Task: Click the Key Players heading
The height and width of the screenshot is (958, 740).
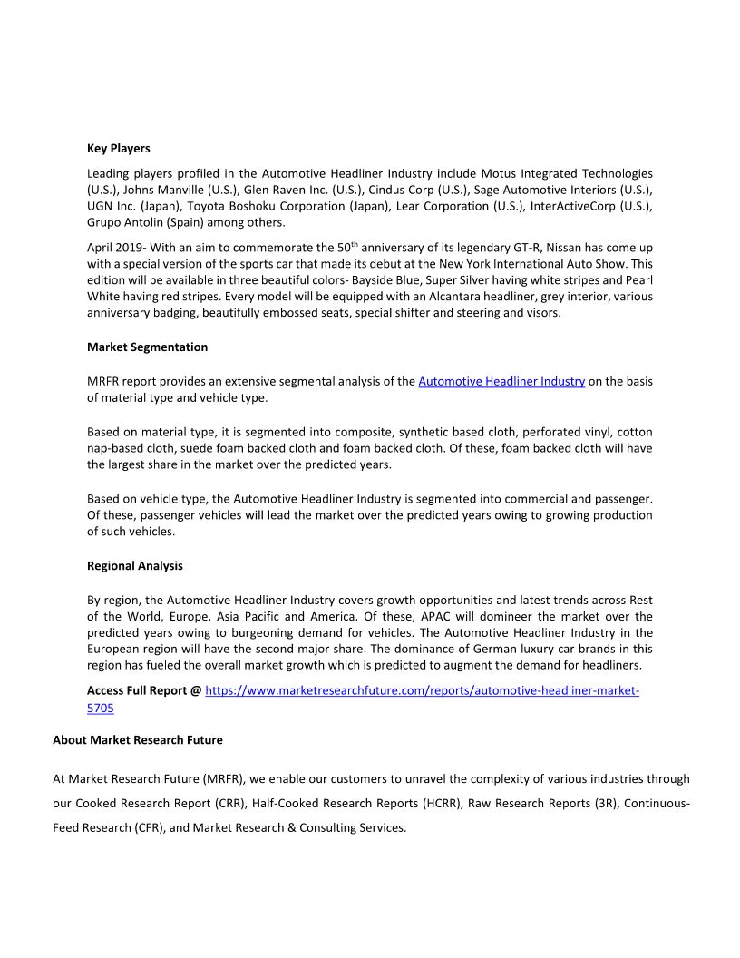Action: [x=119, y=148]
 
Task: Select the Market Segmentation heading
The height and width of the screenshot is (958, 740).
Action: [x=147, y=347]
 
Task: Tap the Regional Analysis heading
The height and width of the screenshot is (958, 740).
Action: [x=134, y=565]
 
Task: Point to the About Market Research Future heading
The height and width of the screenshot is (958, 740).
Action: [x=137, y=739]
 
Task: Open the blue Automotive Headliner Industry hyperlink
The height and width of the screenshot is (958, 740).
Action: [x=501, y=381]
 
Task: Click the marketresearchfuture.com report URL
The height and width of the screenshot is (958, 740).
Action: [x=422, y=690]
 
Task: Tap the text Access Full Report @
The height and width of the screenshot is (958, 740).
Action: [x=144, y=690]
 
